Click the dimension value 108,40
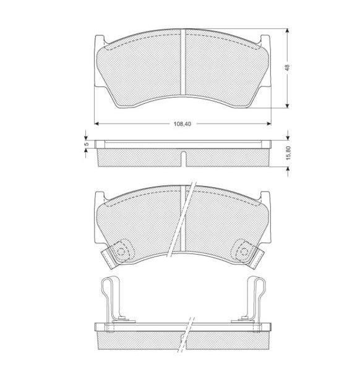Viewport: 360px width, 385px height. point(182,124)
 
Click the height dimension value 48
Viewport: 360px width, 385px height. point(288,67)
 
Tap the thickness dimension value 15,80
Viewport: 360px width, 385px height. point(288,153)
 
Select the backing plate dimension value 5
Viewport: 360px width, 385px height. point(86,144)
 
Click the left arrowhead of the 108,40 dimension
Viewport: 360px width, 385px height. point(96,124)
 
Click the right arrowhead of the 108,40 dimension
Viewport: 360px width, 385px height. point(269,124)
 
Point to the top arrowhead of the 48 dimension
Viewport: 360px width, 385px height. point(287,31)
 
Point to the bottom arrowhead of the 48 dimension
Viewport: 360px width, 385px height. point(287,106)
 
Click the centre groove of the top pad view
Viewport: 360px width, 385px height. point(182,62)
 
